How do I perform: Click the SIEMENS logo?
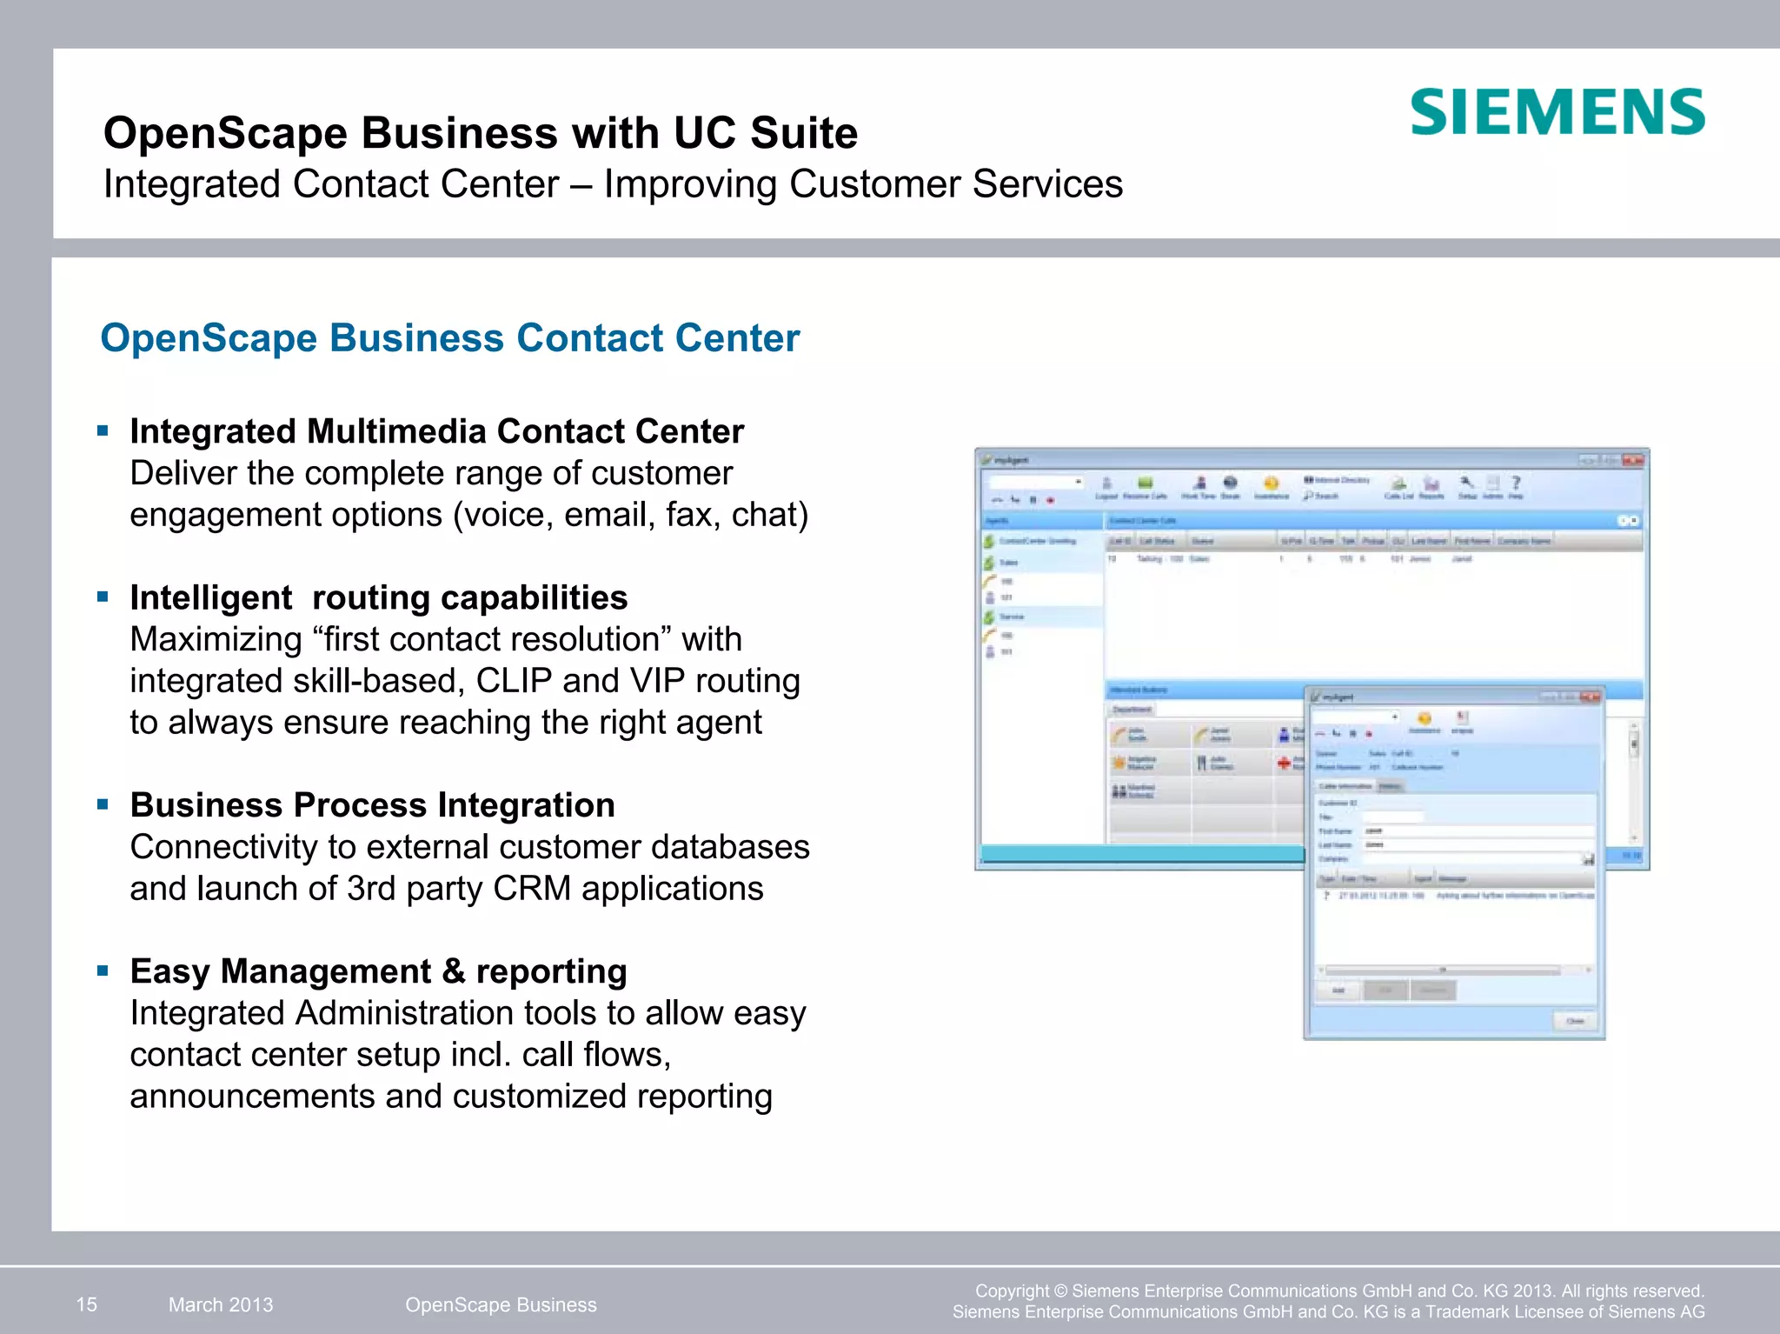(1557, 112)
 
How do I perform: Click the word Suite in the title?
(804, 133)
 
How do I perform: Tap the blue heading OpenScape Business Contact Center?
(449, 337)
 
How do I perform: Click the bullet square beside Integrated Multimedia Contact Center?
(103, 430)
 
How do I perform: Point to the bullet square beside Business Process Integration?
(103, 804)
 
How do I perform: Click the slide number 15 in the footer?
(87, 1304)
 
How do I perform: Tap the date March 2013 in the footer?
(221, 1304)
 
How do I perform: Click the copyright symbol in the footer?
(1059, 1291)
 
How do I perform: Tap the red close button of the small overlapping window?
(1590, 697)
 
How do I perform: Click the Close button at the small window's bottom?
(1575, 1021)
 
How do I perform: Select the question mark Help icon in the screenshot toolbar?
(1516, 483)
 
